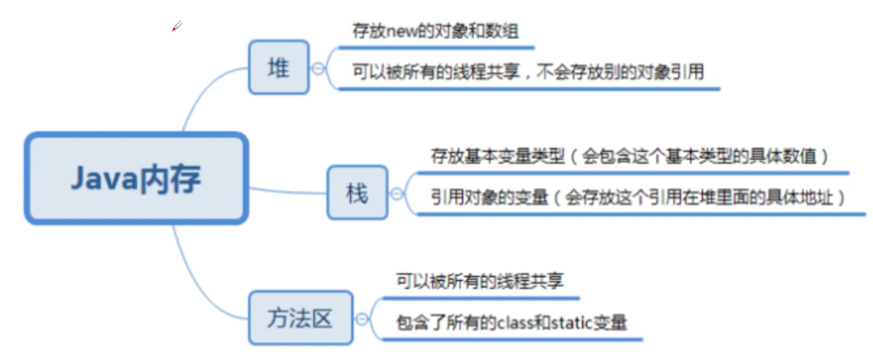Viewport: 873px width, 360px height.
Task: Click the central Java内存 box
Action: [136, 178]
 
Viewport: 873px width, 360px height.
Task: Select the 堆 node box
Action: [279, 68]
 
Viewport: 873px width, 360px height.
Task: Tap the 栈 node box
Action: [357, 192]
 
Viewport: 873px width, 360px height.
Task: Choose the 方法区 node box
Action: [300, 317]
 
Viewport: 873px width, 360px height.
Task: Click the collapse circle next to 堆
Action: [318, 68]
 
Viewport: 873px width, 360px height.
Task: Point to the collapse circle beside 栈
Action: [396, 193]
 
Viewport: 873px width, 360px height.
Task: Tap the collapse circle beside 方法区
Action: [362, 318]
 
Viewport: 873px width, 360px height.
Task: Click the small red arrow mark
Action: [177, 27]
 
